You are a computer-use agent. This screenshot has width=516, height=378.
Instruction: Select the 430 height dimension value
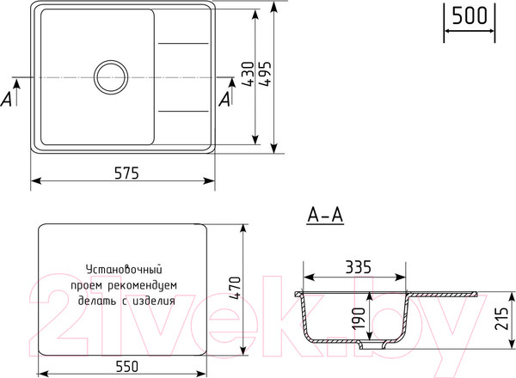click(x=246, y=77)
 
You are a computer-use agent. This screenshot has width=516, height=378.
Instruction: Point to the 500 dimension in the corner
click(x=470, y=15)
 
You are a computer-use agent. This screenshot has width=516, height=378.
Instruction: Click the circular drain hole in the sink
click(x=111, y=77)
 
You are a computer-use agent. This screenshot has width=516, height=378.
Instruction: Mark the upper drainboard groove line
click(x=182, y=43)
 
